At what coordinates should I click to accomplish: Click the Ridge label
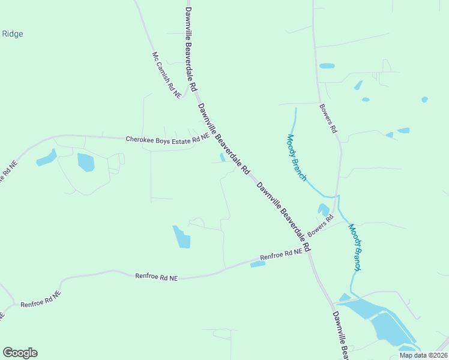pyautogui.click(x=12, y=34)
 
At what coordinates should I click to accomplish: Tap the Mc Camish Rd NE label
pyautogui.click(x=166, y=75)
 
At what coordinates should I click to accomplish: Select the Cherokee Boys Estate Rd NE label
pyautogui.click(x=167, y=139)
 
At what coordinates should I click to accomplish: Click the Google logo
pyautogui.click(x=20, y=353)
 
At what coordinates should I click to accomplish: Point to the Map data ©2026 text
pyautogui.click(x=423, y=355)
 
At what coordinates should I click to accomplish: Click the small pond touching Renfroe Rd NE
pyautogui.click(x=258, y=263)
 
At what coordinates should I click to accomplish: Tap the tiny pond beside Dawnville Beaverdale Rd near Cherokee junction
pyautogui.click(x=223, y=157)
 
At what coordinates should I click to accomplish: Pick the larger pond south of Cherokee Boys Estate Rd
pyautogui.click(x=86, y=162)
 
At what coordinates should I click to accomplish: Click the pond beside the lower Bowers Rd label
pyautogui.click(x=324, y=210)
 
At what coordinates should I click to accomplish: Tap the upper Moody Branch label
pyautogui.click(x=297, y=157)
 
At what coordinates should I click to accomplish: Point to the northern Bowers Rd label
pyautogui.click(x=328, y=119)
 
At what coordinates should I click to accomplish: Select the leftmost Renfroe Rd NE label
pyautogui.click(x=41, y=300)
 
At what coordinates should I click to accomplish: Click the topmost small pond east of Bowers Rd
pyautogui.click(x=327, y=66)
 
